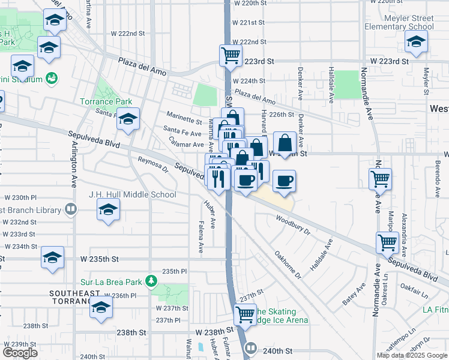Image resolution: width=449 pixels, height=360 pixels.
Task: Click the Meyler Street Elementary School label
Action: (399, 22)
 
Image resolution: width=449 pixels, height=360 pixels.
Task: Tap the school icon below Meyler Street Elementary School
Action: (416, 41)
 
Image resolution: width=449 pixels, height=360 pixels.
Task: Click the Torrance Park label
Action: (106, 101)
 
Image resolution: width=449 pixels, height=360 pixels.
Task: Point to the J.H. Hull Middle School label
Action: (133, 194)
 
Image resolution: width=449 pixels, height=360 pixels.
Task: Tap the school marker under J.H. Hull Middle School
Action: (107, 209)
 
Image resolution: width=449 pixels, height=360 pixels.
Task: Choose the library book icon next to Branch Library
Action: (71, 209)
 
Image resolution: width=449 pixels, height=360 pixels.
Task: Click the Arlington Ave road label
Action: (76, 170)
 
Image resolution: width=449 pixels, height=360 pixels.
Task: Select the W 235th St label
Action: (106, 259)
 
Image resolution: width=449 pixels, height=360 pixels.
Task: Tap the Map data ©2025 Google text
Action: (412, 355)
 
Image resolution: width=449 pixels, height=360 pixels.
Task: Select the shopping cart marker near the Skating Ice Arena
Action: (245, 313)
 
